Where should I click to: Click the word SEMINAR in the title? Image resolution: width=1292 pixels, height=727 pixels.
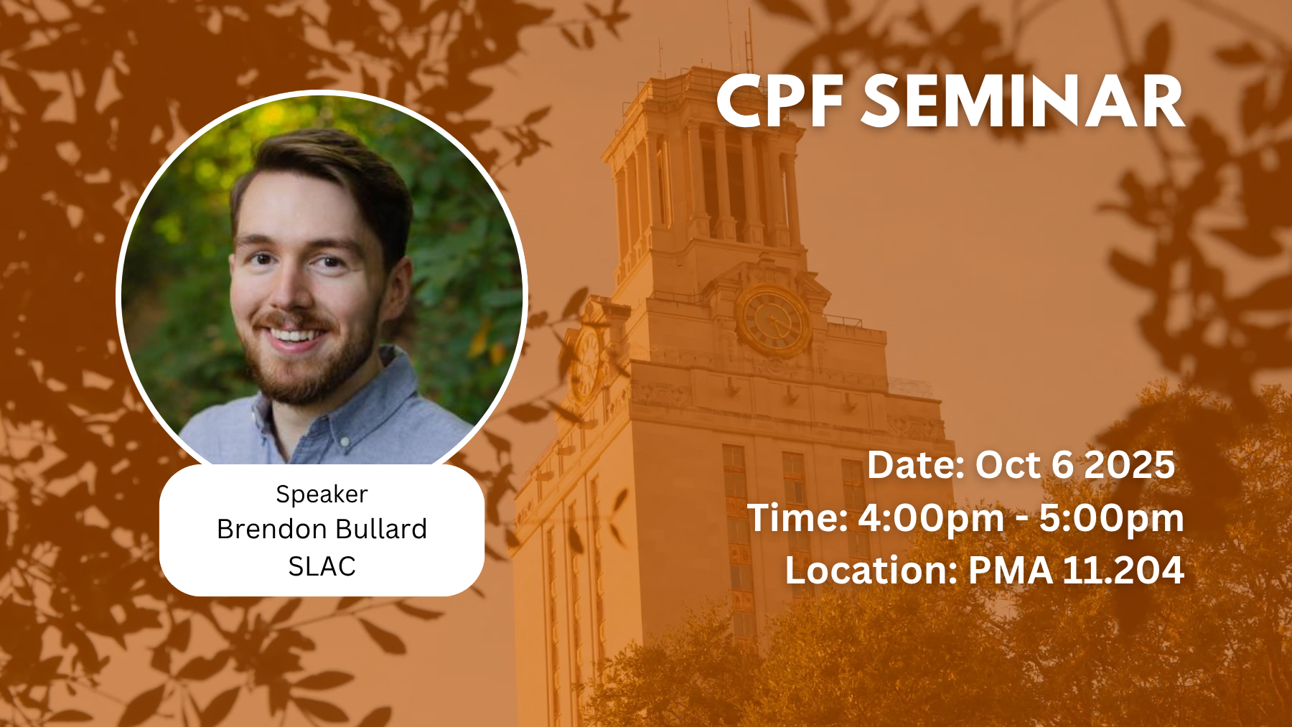[x=1023, y=102]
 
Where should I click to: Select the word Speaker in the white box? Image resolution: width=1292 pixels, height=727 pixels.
[x=322, y=494]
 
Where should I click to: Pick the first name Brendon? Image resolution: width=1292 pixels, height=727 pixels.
[x=272, y=529]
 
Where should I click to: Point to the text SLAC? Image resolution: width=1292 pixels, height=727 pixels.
[x=322, y=566]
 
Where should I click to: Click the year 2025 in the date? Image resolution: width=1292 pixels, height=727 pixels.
[x=1129, y=465]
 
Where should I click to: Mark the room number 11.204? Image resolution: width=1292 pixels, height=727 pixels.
[x=1123, y=571]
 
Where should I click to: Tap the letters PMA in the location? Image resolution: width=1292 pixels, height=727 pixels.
[x=1011, y=571]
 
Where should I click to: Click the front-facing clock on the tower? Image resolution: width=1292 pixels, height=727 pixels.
[x=773, y=320]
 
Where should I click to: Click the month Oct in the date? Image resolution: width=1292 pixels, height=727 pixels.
[x=1008, y=465]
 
